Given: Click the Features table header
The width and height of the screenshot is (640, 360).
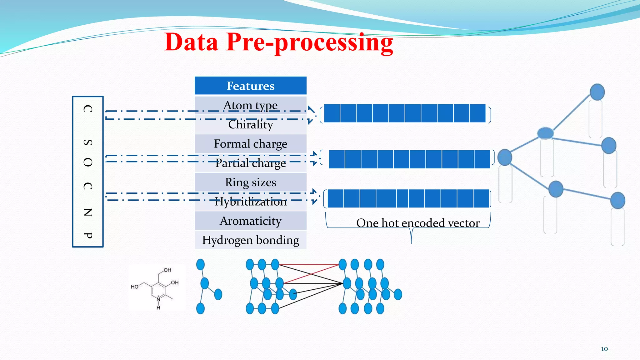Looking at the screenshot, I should coord(250,86).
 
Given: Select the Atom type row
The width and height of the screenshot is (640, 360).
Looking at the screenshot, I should coord(250,105).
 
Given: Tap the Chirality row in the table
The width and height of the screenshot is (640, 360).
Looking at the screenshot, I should coord(250,124).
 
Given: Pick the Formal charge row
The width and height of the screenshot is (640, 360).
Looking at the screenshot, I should coord(250,144).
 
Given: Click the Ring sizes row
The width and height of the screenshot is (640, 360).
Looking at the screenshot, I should coord(250,182).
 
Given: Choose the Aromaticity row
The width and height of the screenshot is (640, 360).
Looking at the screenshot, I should coord(250,221).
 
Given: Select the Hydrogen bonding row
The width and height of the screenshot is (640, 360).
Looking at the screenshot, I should coord(250,240).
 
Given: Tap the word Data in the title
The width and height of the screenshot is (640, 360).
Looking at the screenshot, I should coord(191,42).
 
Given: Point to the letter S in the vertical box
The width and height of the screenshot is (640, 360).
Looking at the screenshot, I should coord(88,142).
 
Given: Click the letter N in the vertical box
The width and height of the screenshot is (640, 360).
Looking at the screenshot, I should coord(88,212).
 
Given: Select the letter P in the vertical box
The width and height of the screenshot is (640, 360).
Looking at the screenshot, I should coord(88,235).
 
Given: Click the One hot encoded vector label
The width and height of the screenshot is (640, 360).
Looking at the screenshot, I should coord(417,223).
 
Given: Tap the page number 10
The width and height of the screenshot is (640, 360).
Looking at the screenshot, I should coord(604,349).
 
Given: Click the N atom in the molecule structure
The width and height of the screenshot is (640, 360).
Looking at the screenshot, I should coord(158,299).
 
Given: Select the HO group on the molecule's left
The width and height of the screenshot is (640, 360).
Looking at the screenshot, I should coord(134,287).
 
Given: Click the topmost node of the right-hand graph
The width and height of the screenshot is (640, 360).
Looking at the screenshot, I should coord(597,92).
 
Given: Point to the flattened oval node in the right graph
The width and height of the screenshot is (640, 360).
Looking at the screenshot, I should coord(545,133).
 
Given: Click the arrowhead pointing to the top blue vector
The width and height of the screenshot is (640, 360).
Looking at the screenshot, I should coord(311,114).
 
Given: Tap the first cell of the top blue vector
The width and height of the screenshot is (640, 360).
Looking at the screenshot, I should coord(332,113).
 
